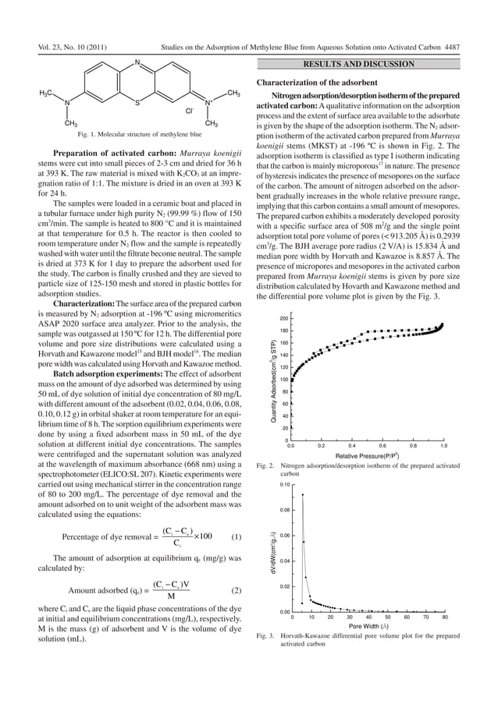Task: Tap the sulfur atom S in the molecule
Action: click(x=137, y=101)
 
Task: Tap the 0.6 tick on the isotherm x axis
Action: click(x=382, y=447)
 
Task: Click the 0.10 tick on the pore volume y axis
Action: click(x=285, y=485)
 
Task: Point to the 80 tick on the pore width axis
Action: click(x=444, y=617)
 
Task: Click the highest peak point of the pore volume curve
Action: click(x=303, y=494)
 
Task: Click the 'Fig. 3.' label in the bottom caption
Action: click(x=264, y=636)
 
